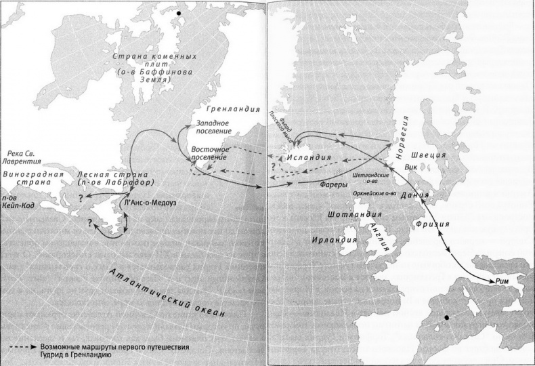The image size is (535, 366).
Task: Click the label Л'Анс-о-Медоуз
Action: click(x=150, y=201)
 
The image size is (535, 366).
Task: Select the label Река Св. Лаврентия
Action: click(x=21, y=159)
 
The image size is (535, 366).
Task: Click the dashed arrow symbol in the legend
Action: click(x=23, y=348)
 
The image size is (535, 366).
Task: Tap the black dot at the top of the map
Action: click(x=179, y=13)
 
